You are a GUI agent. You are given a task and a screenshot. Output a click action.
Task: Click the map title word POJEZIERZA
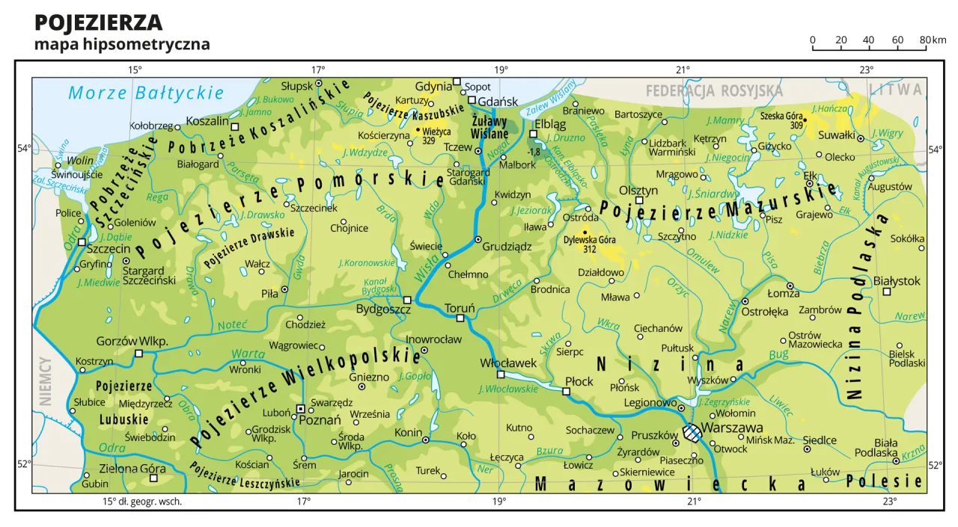(98, 22)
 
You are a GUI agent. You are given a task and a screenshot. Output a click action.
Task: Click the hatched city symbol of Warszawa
(693, 433)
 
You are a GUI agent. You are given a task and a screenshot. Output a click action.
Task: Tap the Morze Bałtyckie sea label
(146, 93)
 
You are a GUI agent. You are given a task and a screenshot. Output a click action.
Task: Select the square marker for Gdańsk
(472, 100)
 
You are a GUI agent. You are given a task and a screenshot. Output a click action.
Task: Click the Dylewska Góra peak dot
(585, 232)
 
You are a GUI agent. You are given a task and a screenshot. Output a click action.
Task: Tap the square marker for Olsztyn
(639, 200)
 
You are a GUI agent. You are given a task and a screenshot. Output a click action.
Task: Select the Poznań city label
(320, 420)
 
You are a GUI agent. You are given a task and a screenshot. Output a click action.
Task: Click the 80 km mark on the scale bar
(926, 40)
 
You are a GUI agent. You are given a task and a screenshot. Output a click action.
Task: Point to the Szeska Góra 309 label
(781, 120)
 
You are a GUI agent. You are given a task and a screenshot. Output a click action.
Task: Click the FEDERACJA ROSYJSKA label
(714, 91)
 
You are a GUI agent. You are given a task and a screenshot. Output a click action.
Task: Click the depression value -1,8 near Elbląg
(534, 152)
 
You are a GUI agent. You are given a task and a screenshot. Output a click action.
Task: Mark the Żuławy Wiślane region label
(490, 127)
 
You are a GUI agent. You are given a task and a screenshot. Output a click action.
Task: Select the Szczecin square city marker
(82, 241)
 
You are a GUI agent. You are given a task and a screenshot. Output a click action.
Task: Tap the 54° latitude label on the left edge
(24, 148)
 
